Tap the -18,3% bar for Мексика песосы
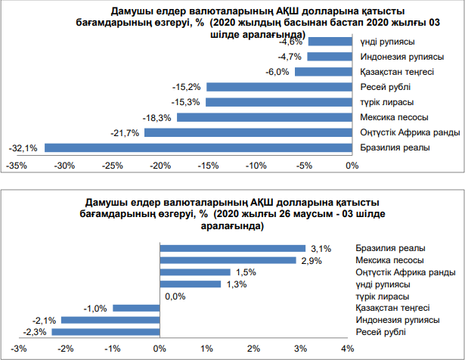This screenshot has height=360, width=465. click(264, 117)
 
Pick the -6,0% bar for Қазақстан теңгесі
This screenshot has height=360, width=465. click(323, 72)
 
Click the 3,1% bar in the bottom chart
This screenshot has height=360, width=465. click(232, 248)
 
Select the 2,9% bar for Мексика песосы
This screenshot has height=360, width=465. click(228, 260)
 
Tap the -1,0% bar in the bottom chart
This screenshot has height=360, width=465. click(135, 308)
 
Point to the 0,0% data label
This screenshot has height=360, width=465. click(175, 296)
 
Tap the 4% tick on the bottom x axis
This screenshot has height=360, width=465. click(347, 349)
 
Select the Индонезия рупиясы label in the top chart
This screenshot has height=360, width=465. click(398, 57)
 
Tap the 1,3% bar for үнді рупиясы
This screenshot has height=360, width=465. click(191, 284)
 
